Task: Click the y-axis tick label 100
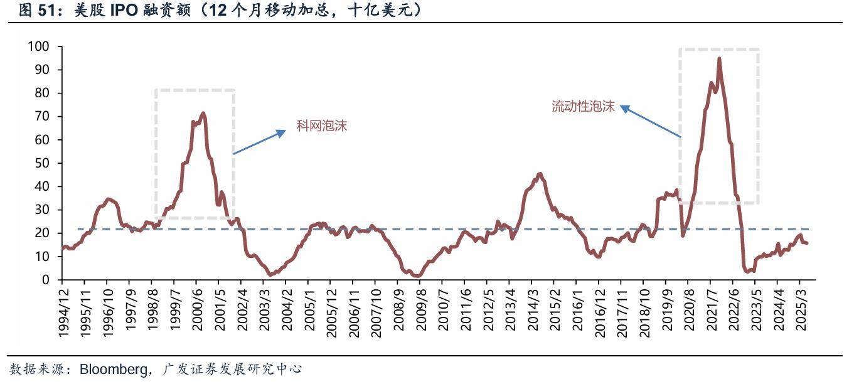click(39, 46)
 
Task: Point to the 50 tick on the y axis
click(42, 163)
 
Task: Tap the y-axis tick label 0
click(46, 280)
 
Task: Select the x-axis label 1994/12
click(65, 311)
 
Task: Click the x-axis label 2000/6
click(196, 311)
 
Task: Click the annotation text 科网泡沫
click(321, 126)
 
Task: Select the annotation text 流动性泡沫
click(583, 106)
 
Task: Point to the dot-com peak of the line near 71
click(203, 114)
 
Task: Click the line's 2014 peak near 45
click(540, 174)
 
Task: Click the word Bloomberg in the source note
click(113, 369)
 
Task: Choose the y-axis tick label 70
click(42, 116)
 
